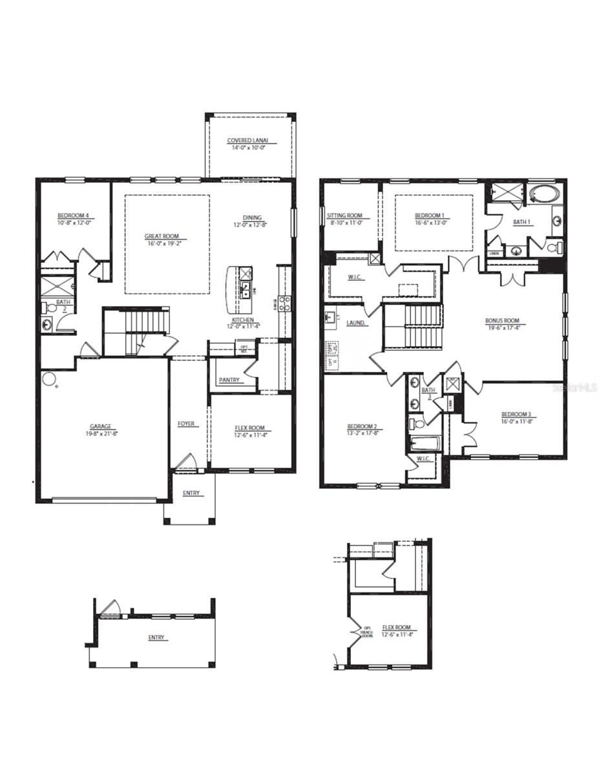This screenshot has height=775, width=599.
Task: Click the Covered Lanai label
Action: (x=247, y=141)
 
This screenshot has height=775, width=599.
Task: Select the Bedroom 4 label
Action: (x=73, y=215)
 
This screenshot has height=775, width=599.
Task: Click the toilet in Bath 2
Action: (x=46, y=308)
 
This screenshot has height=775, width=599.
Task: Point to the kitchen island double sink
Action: (x=246, y=288)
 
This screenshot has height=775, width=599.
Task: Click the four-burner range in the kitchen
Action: (x=283, y=303)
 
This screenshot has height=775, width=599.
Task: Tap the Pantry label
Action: (x=230, y=380)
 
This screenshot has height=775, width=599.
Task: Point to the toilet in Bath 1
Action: (x=554, y=247)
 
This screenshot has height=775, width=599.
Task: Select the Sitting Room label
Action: (x=344, y=216)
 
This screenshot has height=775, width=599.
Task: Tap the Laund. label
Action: (x=356, y=323)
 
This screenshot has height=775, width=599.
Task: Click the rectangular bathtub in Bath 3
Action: (x=425, y=444)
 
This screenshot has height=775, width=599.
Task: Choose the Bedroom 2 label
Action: (x=362, y=426)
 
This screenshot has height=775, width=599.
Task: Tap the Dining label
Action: (x=252, y=218)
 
